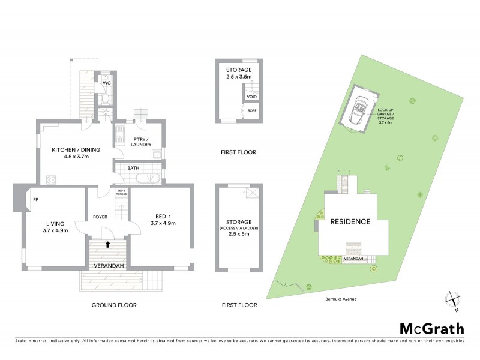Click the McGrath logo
[x=431, y=328]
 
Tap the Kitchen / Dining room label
[x=70, y=153]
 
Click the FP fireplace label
[x=35, y=199]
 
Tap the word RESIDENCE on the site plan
[x=350, y=221]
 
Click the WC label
[x=106, y=82]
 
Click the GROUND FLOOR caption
[x=114, y=305]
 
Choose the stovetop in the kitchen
[x=50, y=178]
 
